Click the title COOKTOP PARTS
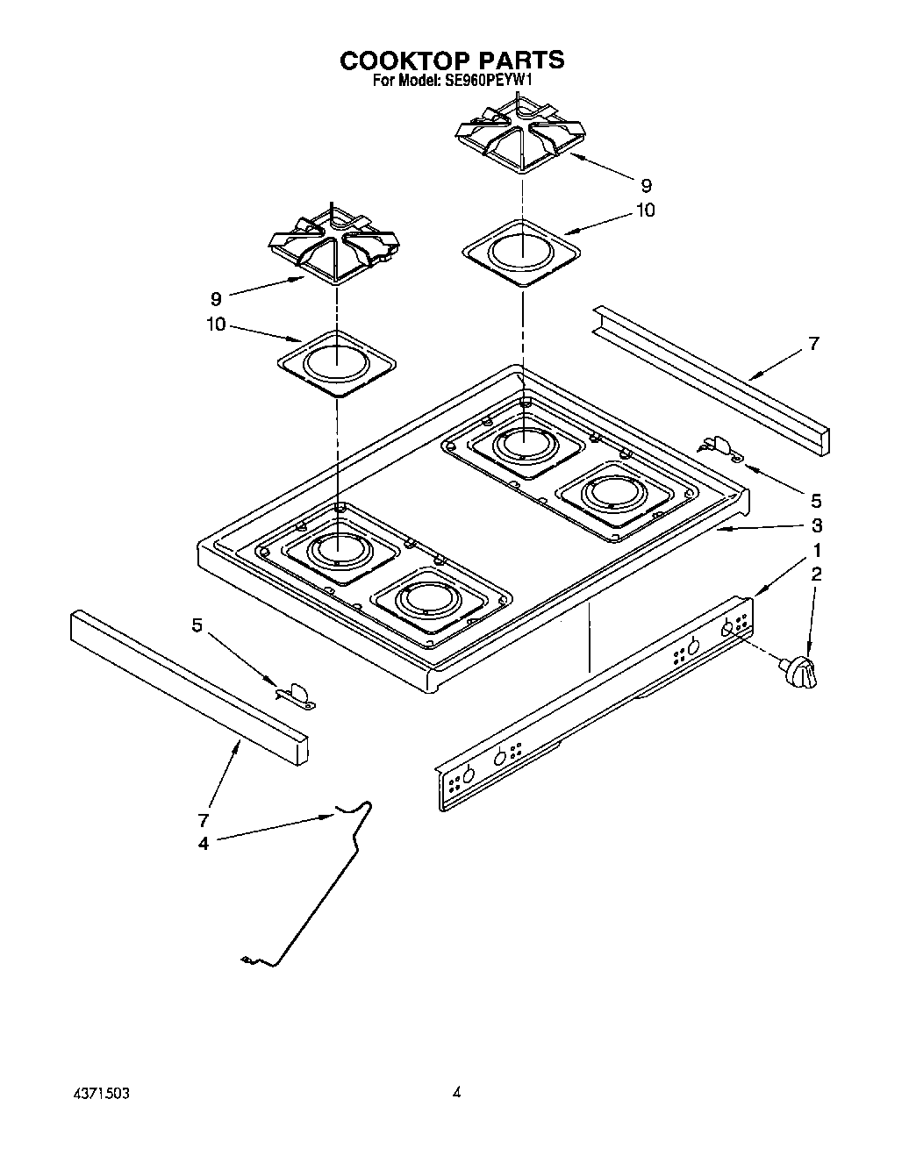click(452, 60)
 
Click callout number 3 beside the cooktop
click(816, 525)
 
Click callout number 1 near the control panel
click(817, 551)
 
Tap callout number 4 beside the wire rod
click(204, 844)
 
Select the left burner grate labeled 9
click(334, 243)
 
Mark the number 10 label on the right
click(645, 211)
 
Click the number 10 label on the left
click(216, 325)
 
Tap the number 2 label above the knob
click(816, 574)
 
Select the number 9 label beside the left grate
click(216, 299)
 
